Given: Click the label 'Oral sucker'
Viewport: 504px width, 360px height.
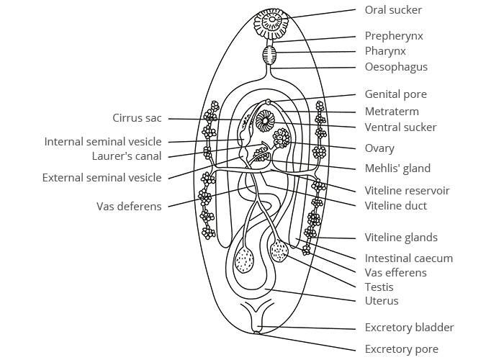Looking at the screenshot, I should click(393, 10).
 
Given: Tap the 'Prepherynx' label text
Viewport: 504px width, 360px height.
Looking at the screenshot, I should click(394, 36).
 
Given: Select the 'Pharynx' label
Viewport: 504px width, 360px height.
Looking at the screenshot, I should click(385, 52).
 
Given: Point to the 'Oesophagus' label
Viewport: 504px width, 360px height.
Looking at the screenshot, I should click(396, 68).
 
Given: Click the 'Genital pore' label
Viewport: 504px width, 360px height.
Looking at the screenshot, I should click(395, 94).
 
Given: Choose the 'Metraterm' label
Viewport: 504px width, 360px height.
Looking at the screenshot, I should click(392, 112).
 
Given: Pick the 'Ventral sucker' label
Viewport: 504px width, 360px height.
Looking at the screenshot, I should click(400, 127).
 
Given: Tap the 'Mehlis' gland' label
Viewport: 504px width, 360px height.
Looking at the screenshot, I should click(397, 168).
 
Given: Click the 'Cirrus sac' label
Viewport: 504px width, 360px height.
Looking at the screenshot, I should click(137, 118).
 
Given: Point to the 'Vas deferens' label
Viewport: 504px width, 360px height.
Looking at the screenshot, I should click(129, 207).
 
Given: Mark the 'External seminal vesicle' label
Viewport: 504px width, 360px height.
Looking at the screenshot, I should click(102, 178).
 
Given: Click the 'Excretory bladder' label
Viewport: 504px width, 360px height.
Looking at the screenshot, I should click(409, 328).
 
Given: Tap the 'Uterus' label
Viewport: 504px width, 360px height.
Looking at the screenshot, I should click(381, 301).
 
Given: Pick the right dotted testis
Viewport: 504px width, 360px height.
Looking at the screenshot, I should click(279, 251).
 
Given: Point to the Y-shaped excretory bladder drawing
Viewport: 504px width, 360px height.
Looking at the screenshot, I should click(258, 317).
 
